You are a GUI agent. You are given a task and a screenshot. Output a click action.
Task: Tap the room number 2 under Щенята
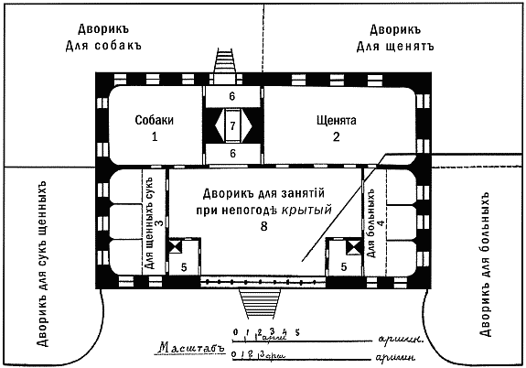click(336, 138)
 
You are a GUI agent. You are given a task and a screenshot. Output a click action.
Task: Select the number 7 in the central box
click(232, 124)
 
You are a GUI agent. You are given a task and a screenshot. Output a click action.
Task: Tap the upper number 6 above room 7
click(232, 95)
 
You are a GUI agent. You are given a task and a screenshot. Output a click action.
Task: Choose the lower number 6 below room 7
click(232, 153)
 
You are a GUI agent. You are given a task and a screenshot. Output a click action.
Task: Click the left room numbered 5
click(183, 266)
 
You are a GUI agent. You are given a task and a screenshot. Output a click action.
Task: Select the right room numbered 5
click(343, 266)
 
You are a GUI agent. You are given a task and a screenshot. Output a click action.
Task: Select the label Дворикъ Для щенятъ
click(393, 36)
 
